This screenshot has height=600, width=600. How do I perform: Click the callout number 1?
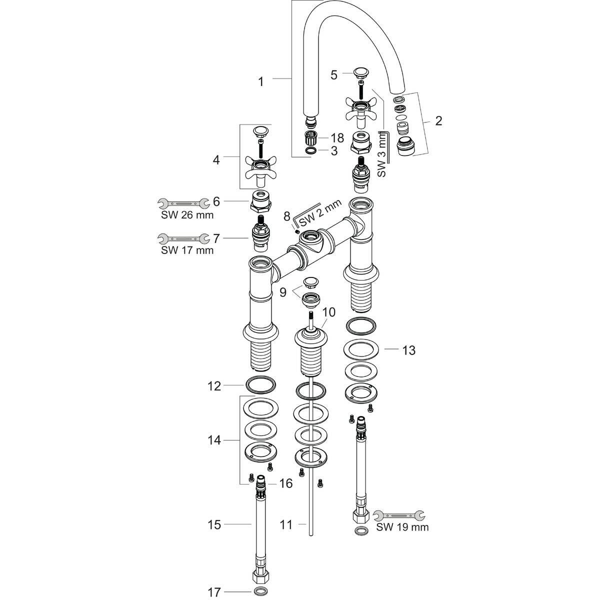coord(260,81)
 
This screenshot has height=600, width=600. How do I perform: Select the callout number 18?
coord(337,137)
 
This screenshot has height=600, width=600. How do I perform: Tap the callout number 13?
coord(408,350)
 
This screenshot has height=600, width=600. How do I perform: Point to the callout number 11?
coord(286,524)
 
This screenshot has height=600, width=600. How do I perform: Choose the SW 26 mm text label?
coord(187,215)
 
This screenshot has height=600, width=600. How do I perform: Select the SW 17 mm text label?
coord(187,250)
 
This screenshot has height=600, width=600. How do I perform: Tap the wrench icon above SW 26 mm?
coord(183,203)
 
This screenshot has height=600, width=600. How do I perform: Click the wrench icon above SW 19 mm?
coord(398,514)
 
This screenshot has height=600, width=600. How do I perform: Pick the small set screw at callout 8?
coord(297,231)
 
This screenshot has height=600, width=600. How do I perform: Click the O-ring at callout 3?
coord(310,150)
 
